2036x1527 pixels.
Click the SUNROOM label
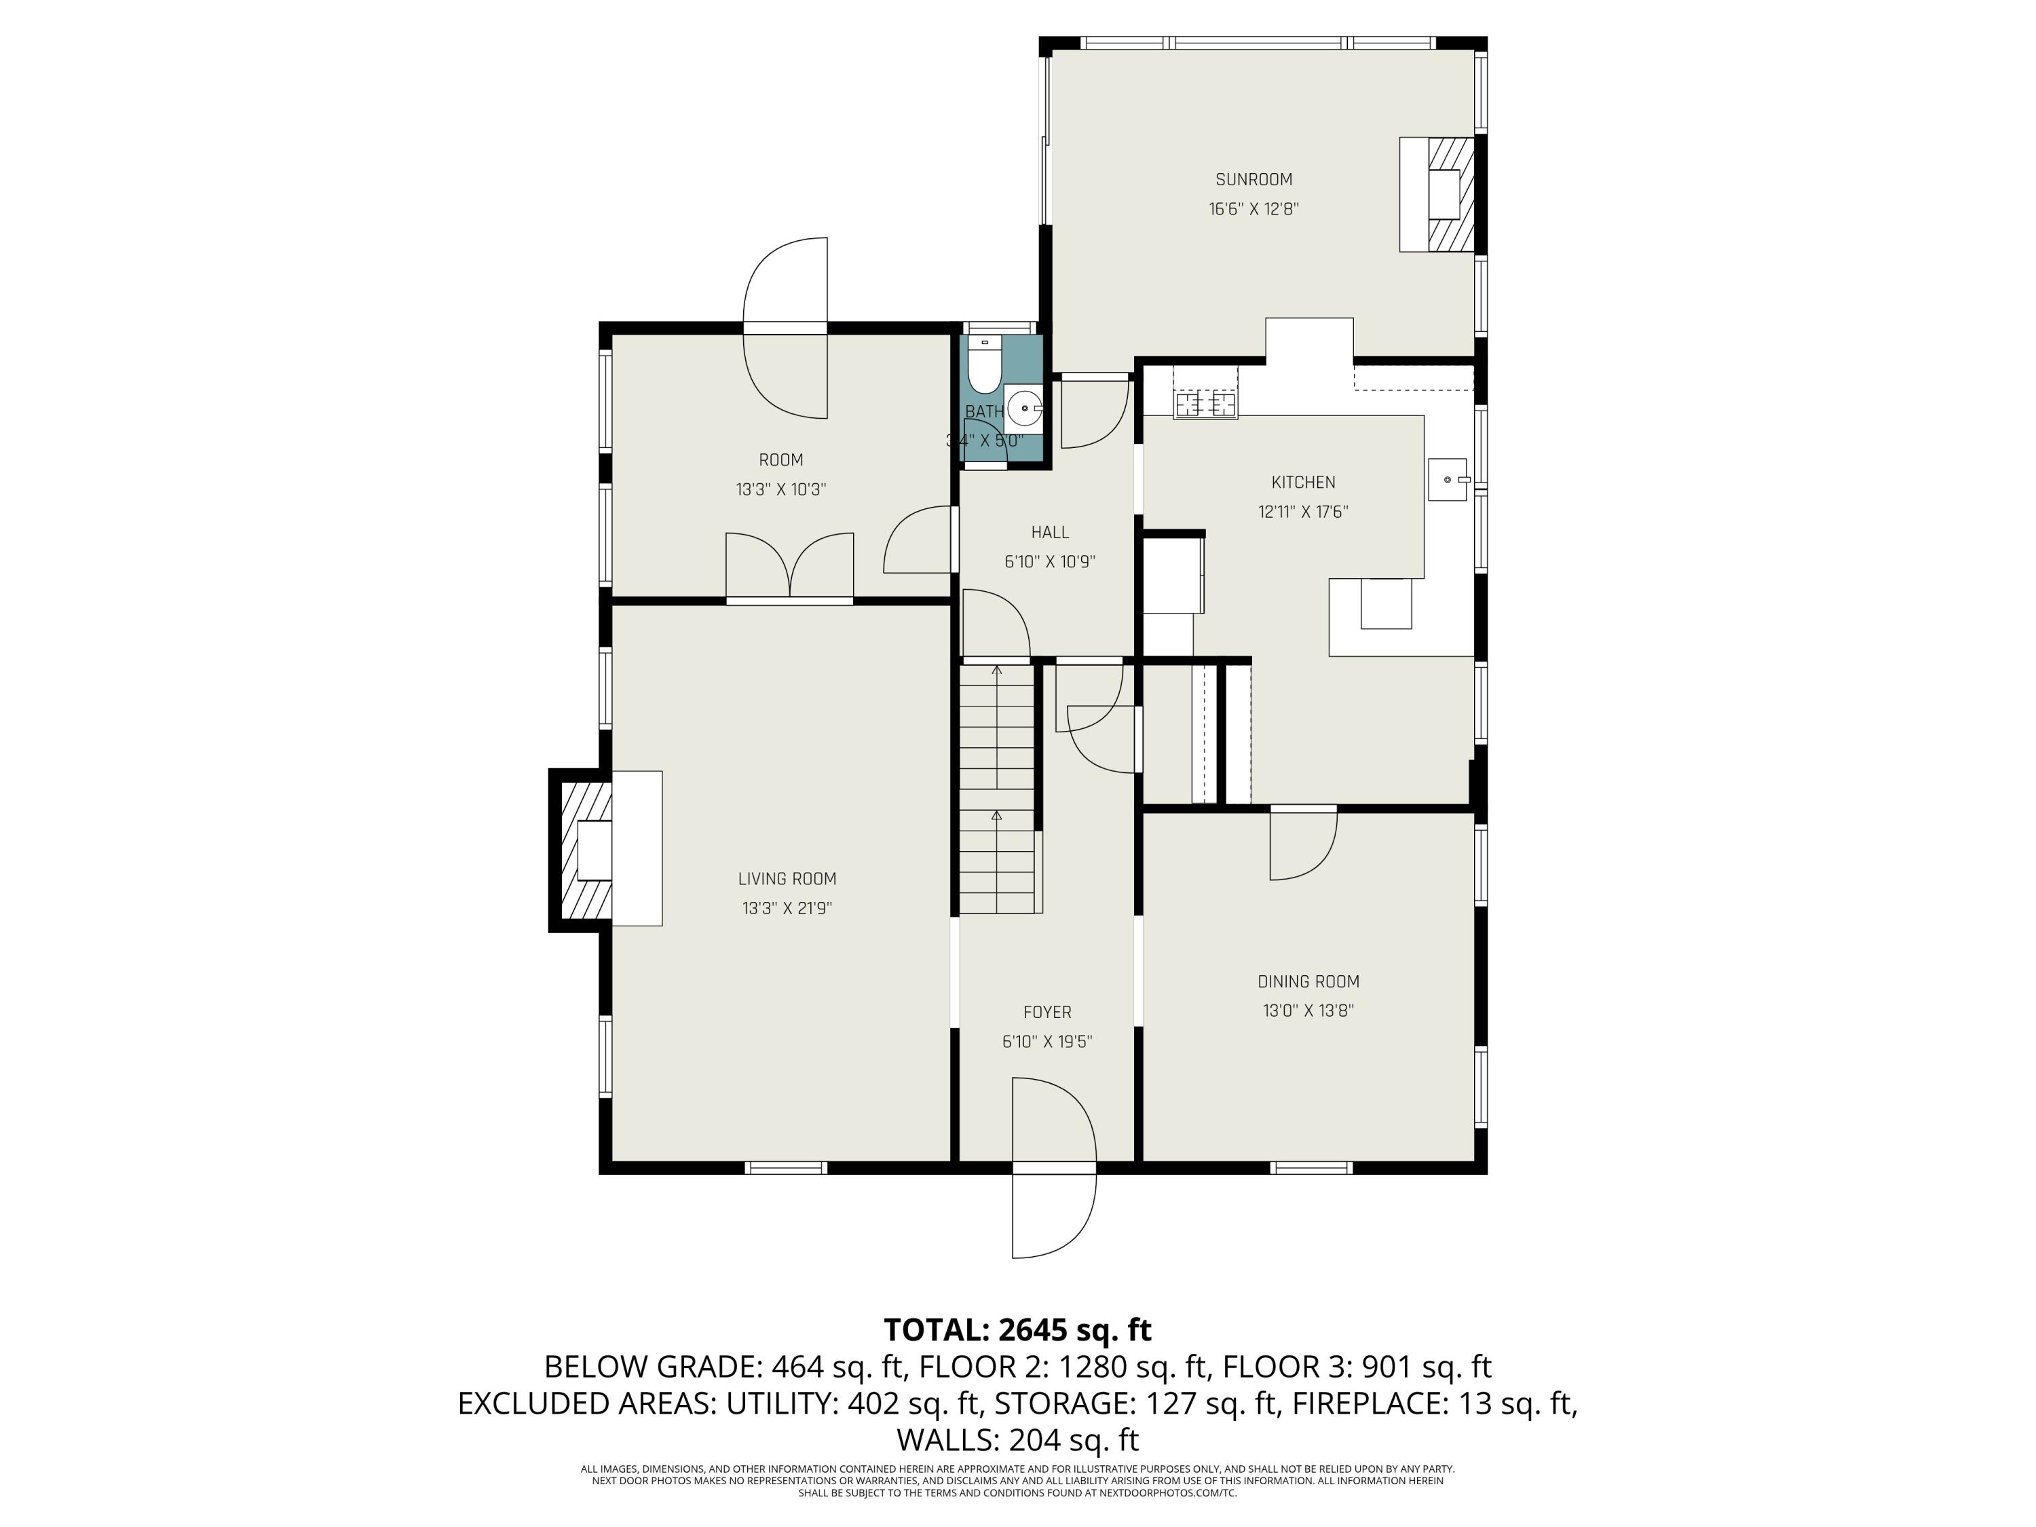click(1253, 179)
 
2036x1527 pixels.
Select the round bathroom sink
click(1023, 407)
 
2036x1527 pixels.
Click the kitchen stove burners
click(1205, 403)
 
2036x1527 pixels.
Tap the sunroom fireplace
click(1447, 194)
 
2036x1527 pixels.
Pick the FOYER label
click(1047, 1013)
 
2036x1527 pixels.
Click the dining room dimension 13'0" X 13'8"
click(1308, 1011)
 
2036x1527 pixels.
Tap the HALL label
click(1049, 532)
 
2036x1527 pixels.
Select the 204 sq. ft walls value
click(1073, 1439)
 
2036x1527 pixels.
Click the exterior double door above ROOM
click(785, 328)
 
